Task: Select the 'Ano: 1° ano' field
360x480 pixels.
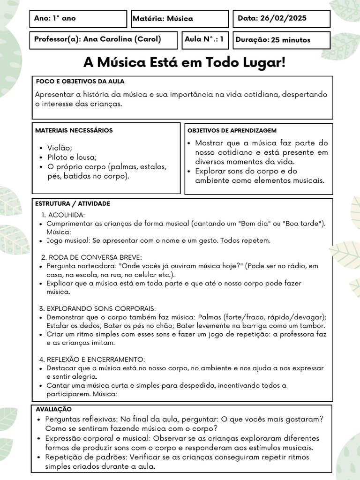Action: [x=55, y=19]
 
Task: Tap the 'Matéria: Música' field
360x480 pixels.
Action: [x=163, y=19]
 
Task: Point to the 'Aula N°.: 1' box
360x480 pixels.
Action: [x=204, y=39]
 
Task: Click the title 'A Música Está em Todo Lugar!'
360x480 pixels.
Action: [x=184, y=62]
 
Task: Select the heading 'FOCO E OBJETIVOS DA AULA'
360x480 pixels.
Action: [x=80, y=82]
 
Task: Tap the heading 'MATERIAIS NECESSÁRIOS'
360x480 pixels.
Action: [x=74, y=130]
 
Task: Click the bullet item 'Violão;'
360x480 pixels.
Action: [x=60, y=148]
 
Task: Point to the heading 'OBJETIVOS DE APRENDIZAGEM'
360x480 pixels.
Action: [x=232, y=130]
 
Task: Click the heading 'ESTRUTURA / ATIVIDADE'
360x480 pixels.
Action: [x=73, y=204]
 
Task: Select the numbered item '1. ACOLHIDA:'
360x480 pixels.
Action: [x=63, y=215]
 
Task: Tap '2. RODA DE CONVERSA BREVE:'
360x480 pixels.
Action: [x=91, y=257]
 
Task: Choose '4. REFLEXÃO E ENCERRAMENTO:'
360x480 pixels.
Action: [x=92, y=360]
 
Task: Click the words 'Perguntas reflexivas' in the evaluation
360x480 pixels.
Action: [x=81, y=419]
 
